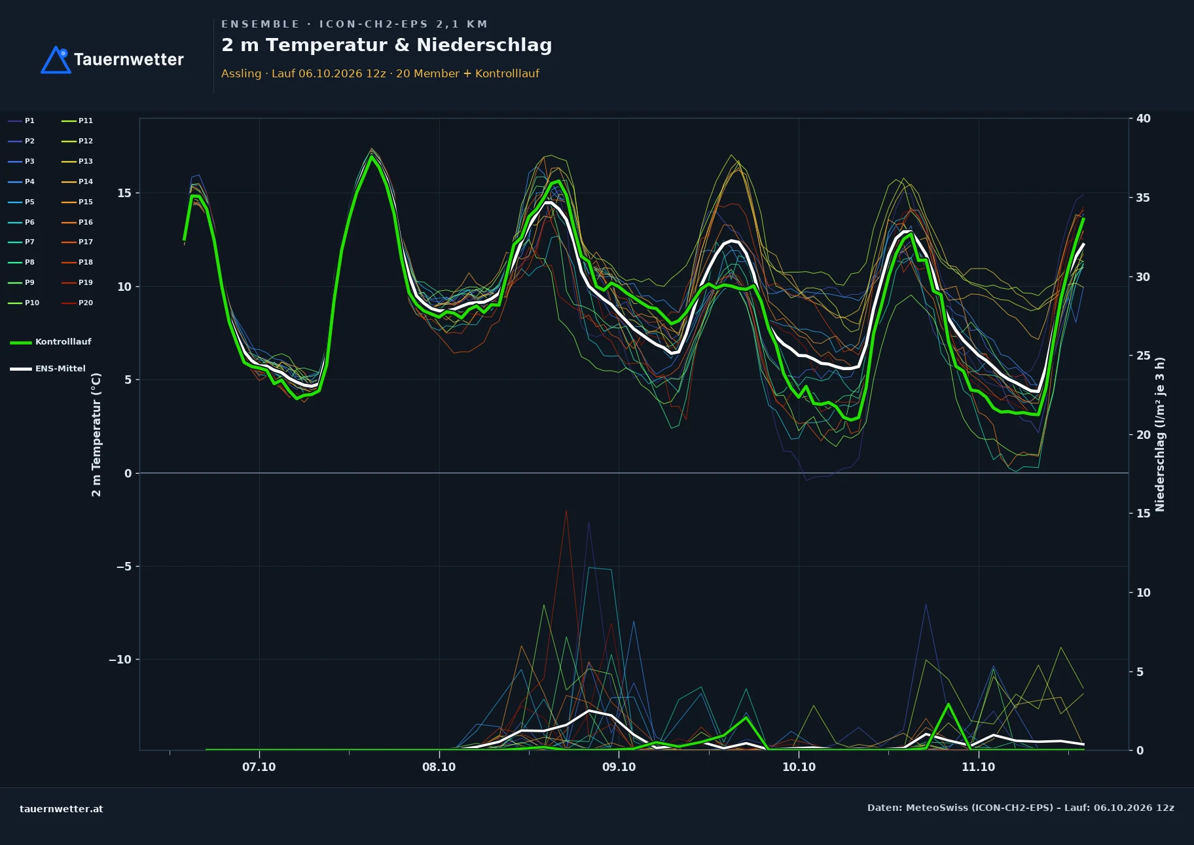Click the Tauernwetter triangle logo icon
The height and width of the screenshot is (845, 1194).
pos(56,60)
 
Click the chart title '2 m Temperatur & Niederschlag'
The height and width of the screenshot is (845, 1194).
pos(387,45)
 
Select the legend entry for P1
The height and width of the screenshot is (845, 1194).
pos(22,121)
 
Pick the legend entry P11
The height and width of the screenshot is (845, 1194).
pos(77,121)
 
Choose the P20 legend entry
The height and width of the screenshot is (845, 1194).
pos(77,303)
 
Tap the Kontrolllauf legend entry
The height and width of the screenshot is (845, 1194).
pos(50,342)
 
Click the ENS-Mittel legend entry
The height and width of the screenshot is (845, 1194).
pos(48,369)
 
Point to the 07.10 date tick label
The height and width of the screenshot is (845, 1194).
pos(259,767)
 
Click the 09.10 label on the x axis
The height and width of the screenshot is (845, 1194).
pos(619,767)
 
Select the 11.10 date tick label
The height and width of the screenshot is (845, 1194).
pos(978,767)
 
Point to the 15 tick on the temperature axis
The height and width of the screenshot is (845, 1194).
pos(124,193)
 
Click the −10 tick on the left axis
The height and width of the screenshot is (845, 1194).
pos(120,660)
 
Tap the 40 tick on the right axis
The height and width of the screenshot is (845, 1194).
pos(1144,119)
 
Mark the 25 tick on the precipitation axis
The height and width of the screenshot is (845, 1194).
pos(1144,356)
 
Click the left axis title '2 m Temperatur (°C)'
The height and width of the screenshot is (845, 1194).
pos(96,435)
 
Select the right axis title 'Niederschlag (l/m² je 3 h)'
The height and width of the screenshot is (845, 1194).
pos(1160,434)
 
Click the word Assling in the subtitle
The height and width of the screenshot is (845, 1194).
pos(241,73)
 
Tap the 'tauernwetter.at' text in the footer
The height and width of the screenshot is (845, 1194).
pos(62,809)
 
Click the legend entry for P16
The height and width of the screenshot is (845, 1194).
pos(77,222)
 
